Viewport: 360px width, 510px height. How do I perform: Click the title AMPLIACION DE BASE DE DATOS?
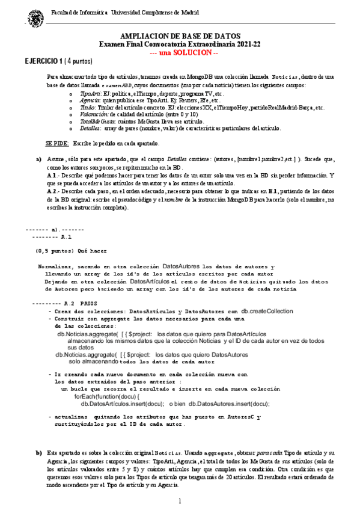180,36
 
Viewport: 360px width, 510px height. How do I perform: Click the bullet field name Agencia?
90,102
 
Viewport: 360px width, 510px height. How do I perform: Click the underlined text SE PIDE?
57,144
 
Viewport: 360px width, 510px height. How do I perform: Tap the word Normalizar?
56,265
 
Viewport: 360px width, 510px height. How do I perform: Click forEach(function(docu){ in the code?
107,397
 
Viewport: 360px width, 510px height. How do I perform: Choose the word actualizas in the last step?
70,416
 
